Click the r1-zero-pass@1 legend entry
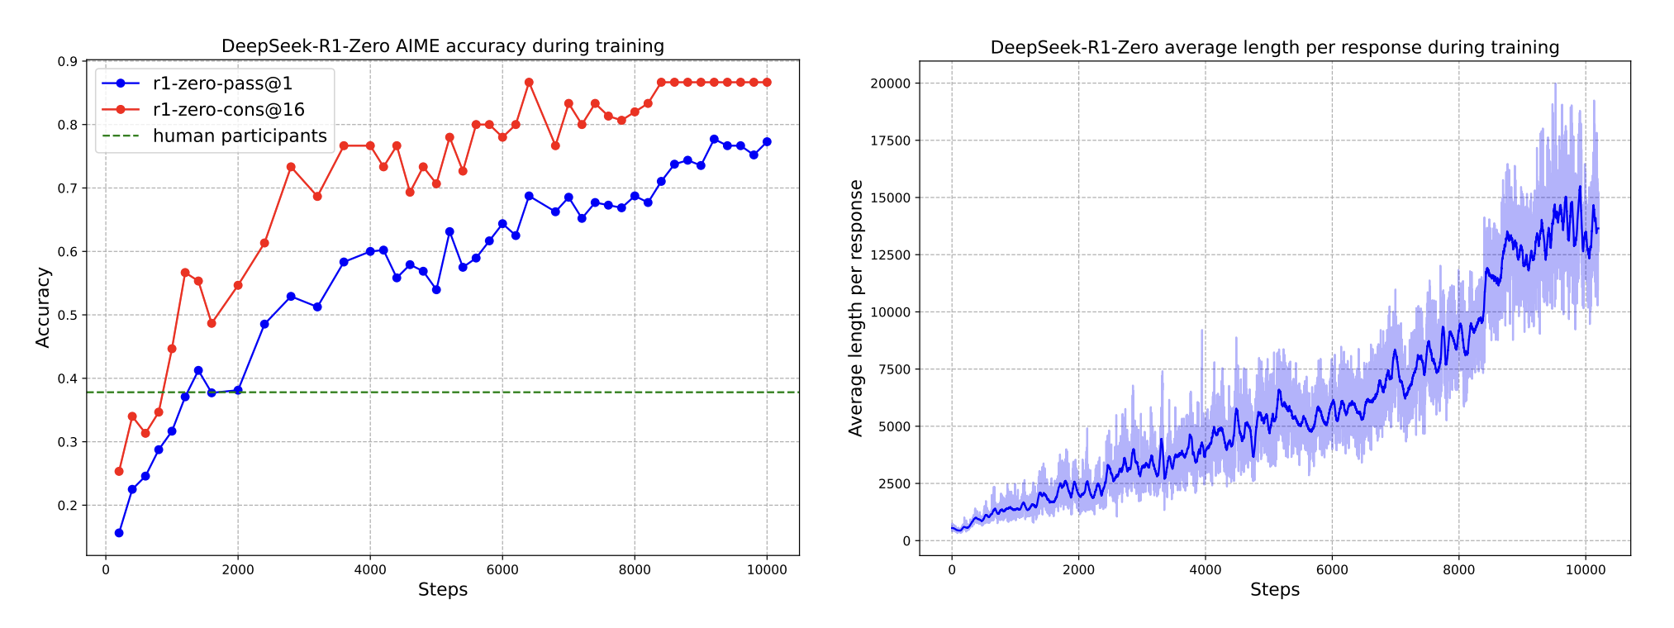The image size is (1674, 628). point(222,83)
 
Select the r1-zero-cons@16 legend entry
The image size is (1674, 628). point(228,110)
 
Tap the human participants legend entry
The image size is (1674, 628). point(240,136)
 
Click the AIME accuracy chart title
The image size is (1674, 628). point(442,46)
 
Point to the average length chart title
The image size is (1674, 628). point(1274,48)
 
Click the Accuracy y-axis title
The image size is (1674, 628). point(43,307)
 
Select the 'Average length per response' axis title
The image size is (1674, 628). point(856,307)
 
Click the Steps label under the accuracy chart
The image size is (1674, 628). point(442,589)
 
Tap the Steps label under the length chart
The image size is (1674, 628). point(1274,589)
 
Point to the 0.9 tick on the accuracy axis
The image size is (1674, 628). point(68,62)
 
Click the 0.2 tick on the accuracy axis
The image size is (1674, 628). point(68,506)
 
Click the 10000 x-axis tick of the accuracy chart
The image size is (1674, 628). point(767,569)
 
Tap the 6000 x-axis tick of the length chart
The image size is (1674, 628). point(1332,569)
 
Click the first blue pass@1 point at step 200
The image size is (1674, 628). point(119,533)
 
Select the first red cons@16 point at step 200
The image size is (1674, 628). point(119,471)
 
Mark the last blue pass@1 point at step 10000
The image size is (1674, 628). point(767,142)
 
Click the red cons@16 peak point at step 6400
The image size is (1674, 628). point(529,83)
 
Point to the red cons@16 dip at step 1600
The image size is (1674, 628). point(212,323)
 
